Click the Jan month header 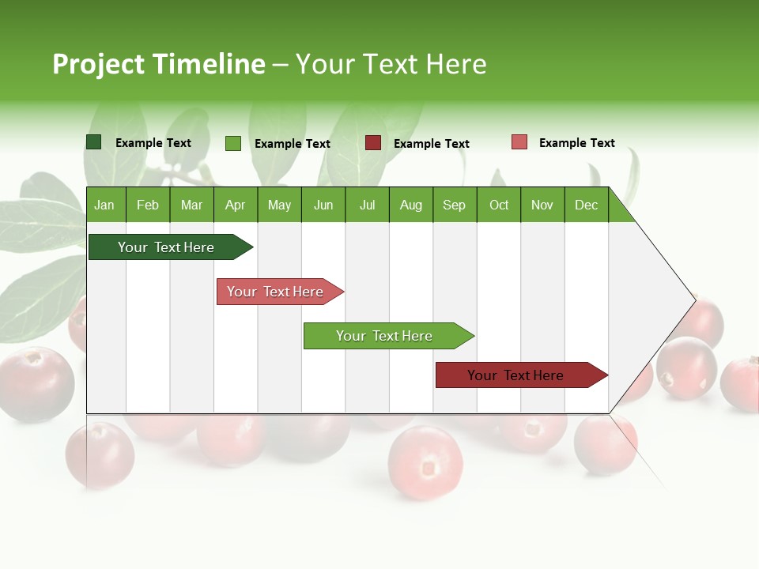tap(104, 205)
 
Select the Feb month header tap(148, 205)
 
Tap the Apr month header tap(235, 205)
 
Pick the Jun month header tap(323, 205)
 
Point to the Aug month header tap(410, 205)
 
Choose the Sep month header tap(454, 205)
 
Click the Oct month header tap(499, 205)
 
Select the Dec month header tap(586, 205)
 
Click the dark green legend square tap(94, 142)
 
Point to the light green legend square tap(233, 143)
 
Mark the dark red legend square tap(373, 143)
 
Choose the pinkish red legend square tap(519, 142)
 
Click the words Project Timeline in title tap(158, 64)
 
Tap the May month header tap(279, 205)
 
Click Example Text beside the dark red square tap(432, 144)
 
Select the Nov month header tap(542, 205)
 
